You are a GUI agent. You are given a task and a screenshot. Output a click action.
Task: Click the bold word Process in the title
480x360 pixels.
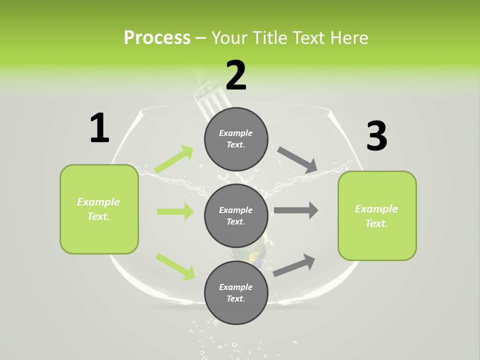pos(157,37)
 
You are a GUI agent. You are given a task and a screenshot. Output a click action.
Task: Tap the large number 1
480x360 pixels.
pos(99,128)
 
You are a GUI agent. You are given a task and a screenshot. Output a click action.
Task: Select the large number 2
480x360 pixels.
pos(236,75)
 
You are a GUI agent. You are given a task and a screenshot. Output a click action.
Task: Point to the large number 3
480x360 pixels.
pos(376,136)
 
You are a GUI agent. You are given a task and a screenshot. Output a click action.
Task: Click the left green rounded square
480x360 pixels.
pos(99,209)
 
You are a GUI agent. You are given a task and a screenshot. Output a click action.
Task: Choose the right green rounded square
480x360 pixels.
pos(377,215)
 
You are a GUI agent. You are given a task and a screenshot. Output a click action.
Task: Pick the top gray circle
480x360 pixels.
pos(236,139)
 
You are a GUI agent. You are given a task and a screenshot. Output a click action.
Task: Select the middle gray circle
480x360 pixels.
pos(236,215)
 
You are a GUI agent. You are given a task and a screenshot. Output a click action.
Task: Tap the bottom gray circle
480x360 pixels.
pos(236,292)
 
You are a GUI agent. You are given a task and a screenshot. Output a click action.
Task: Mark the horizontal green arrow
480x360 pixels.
pos(175,211)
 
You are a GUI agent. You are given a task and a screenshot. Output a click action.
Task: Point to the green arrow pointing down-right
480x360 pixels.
pos(175,266)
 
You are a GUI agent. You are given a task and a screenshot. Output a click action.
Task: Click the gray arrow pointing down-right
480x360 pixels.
pos(297,160)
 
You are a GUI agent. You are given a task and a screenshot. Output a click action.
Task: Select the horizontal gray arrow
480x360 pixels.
pos(296,210)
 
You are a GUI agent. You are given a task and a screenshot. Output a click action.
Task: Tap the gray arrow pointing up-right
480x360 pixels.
pos(294,265)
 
